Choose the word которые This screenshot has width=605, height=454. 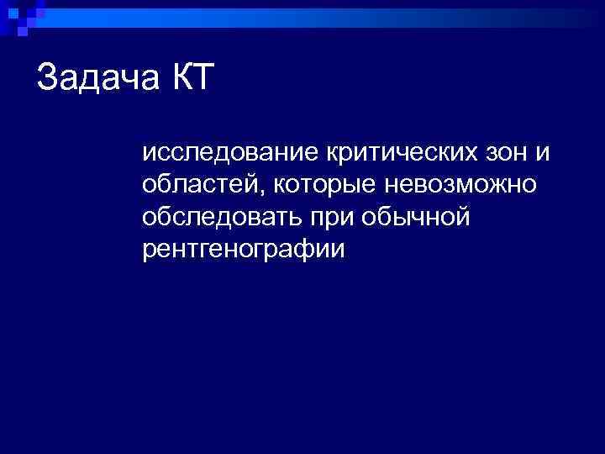point(325,184)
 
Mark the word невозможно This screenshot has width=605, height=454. point(460,184)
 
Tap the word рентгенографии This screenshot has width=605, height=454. point(244,250)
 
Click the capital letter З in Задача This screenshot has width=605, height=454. point(47,79)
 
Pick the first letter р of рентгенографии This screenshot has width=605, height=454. point(149,251)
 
